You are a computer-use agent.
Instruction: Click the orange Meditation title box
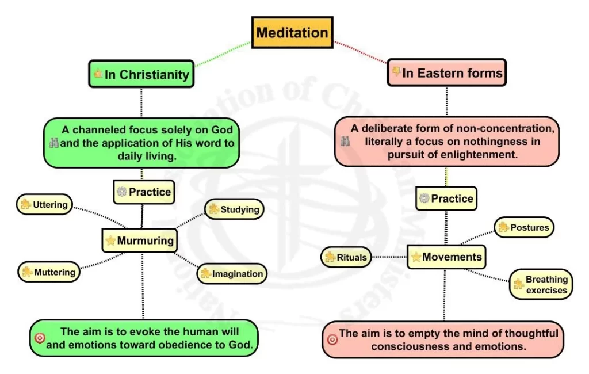[x=292, y=32]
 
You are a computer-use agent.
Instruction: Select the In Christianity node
[x=141, y=74]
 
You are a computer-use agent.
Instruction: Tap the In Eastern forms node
[x=447, y=72]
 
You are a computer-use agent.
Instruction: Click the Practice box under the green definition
[x=144, y=192]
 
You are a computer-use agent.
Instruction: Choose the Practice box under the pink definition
[x=446, y=199]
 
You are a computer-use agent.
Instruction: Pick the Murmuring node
[x=140, y=241]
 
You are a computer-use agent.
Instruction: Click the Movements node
[x=446, y=257]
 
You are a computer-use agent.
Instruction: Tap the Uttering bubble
[x=44, y=204]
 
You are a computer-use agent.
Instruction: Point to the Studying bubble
[x=235, y=209]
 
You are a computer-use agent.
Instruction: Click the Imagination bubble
[x=232, y=274]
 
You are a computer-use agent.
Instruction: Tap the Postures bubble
[x=524, y=227]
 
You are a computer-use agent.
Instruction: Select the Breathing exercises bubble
[x=541, y=285]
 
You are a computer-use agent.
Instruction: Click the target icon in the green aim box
[x=40, y=338]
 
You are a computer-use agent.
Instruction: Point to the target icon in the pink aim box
[x=332, y=339]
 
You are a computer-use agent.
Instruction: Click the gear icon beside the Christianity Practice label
[x=122, y=192]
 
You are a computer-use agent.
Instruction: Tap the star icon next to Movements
[x=416, y=257]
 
